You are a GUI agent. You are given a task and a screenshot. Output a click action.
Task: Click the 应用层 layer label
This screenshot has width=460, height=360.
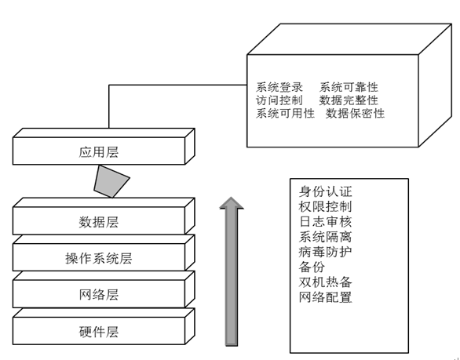pyautogui.click(x=99, y=152)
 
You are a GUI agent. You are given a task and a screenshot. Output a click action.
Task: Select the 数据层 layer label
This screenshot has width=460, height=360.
pyautogui.click(x=99, y=222)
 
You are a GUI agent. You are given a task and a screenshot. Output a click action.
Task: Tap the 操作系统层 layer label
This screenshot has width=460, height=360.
pyautogui.click(x=99, y=258)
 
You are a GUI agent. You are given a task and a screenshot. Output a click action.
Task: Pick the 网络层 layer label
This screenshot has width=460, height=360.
pyautogui.click(x=99, y=295)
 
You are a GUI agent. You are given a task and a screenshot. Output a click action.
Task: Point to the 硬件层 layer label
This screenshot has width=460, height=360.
pyautogui.click(x=99, y=332)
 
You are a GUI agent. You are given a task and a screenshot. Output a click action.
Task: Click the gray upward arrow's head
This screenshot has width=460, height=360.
pyautogui.click(x=232, y=202)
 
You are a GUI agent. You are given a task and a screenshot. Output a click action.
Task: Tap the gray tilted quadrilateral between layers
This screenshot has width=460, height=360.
pyautogui.click(x=111, y=181)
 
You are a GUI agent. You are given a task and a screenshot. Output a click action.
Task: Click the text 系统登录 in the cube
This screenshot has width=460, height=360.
pyautogui.click(x=279, y=87)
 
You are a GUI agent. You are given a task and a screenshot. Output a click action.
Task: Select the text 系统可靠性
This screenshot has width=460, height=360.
pyautogui.click(x=349, y=87)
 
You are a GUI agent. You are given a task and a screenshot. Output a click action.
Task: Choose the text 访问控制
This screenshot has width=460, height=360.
pyautogui.click(x=279, y=100)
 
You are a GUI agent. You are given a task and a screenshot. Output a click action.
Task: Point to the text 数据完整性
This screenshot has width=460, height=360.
pyautogui.click(x=349, y=100)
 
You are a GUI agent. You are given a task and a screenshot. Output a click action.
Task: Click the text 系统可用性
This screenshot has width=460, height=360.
pyautogui.click(x=285, y=113)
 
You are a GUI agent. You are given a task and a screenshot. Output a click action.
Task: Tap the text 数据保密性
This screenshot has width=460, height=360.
pyautogui.click(x=355, y=113)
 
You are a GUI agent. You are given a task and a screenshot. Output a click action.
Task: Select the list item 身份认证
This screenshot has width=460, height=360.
pyautogui.click(x=325, y=191)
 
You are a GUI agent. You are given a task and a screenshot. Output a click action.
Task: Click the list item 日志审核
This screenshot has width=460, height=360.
pyautogui.click(x=325, y=222)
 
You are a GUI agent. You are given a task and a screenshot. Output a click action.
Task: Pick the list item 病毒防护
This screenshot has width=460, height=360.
pyautogui.click(x=325, y=252)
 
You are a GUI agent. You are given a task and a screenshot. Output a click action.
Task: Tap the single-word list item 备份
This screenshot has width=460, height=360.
pyautogui.click(x=312, y=267)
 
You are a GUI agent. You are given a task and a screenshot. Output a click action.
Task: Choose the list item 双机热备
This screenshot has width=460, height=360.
pyautogui.click(x=325, y=282)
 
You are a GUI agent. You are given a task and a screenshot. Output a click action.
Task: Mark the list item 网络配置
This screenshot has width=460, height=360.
pyautogui.click(x=325, y=297)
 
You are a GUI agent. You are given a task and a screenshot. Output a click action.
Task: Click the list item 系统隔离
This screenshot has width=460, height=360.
pyautogui.click(x=325, y=237)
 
